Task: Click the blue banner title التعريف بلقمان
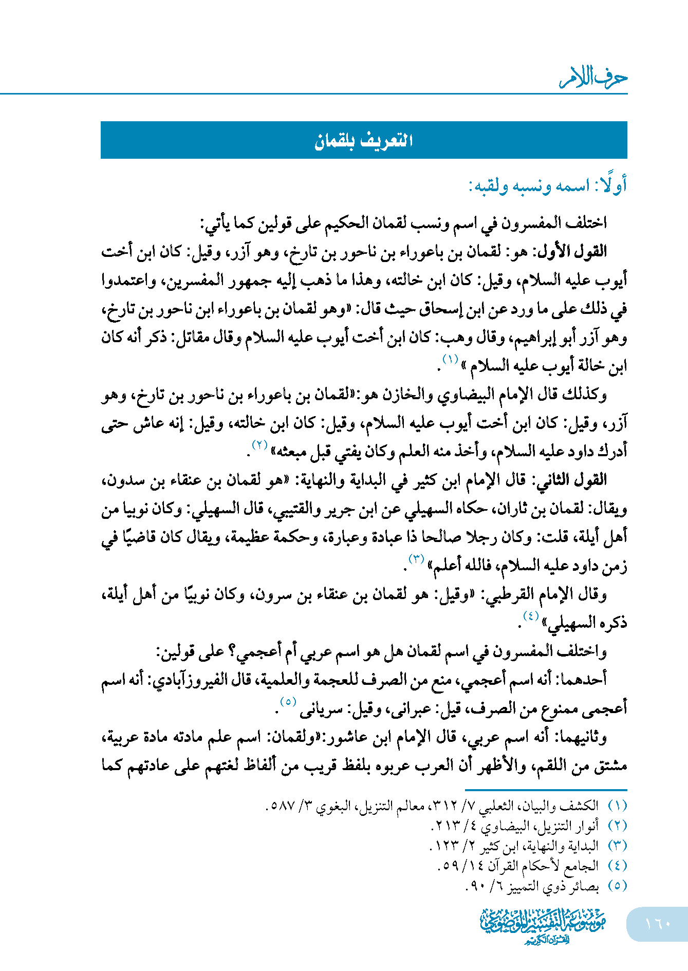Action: click(x=364, y=140)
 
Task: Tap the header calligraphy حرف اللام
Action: click(x=593, y=78)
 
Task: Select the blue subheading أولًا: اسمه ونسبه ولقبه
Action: click(x=548, y=185)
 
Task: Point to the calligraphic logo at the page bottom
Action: click(x=543, y=924)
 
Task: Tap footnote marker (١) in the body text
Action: click(x=450, y=359)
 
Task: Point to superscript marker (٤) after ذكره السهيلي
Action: click(x=530, y=615)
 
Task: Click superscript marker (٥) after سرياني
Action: click(x=288, y=701)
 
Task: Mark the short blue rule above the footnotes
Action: click(x=546, y=790)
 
